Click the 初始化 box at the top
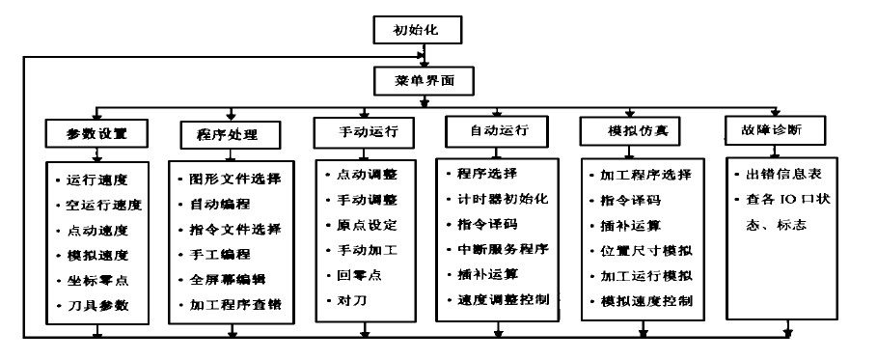tap(420, 30)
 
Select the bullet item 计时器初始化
tap(502, 200)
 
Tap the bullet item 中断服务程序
tap(502, 249)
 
